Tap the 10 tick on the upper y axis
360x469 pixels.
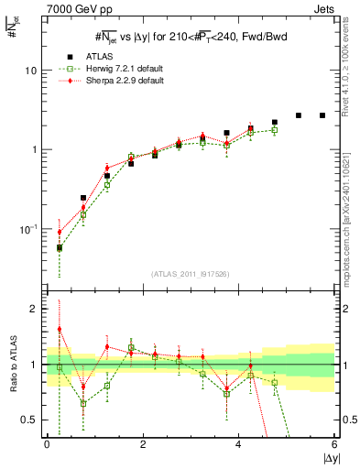(30, 71)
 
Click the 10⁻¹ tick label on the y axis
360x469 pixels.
(28, 229)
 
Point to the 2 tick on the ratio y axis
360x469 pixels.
(33, 309)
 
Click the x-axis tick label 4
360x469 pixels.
(238, 445)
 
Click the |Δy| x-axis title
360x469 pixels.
(325, 459)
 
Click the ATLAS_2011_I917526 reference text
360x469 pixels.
(190, 275)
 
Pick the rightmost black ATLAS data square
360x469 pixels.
(322, 115)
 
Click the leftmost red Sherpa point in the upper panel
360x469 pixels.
(60, 232)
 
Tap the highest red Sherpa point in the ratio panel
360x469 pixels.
(60, 329)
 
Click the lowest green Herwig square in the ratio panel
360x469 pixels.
(83, 403)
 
